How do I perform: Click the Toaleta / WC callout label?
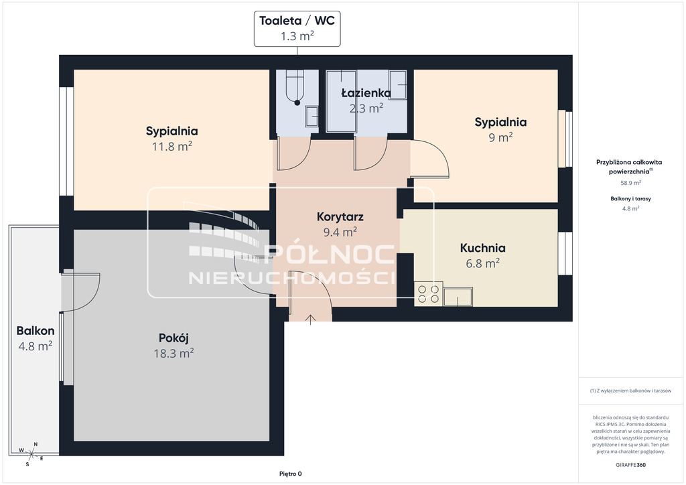(297, 21)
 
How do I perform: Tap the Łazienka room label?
(366, 92)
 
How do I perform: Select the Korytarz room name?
(340, 216)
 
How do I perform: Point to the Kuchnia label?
(482, 248)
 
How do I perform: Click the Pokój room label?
(174, 338)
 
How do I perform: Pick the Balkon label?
(36, 331)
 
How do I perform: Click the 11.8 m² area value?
(172, 146)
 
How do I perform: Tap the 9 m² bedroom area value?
(500, 137)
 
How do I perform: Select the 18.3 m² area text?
(174, 353)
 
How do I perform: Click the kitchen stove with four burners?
(428, 294)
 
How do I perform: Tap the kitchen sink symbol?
(458, 297)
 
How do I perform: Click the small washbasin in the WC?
(312, 117)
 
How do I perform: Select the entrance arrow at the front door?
(310, 320)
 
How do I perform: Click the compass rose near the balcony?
(31, 454)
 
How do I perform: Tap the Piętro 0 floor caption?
(291, 474)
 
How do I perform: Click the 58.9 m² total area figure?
(631, 183)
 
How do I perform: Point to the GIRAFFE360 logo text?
(630, 465)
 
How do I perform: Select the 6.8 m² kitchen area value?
(482, 263)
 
